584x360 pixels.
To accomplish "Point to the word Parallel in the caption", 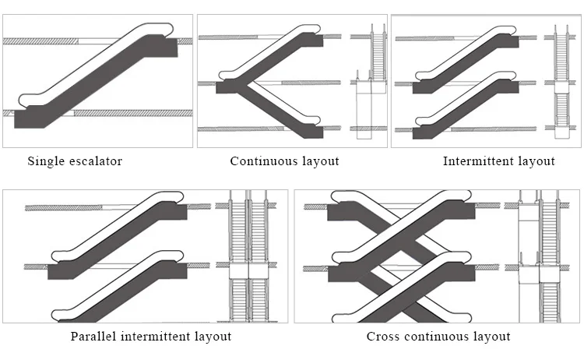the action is tap(93, 336).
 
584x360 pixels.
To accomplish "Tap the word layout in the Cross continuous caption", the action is tap(491, 337).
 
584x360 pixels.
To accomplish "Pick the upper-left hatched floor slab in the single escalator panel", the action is tap(40, 41).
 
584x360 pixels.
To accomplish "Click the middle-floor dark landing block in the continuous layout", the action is tap(227, 87).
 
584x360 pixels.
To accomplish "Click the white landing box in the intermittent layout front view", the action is tap(561, 87).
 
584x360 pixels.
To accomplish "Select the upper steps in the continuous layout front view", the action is tap(378, 56).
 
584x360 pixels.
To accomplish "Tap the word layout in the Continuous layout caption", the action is tap(320, 161).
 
